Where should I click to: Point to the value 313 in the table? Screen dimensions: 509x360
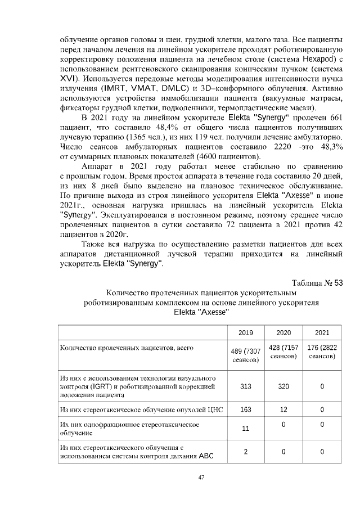pos(245,386)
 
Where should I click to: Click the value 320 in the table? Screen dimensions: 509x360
pos(283,386)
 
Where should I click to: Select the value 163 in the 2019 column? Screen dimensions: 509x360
pos(245,409)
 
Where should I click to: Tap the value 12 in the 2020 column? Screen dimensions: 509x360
pos(283,409)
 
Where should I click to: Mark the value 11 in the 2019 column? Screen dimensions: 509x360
pos(245,429)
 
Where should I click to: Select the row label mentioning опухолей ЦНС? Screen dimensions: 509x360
pos(141,409)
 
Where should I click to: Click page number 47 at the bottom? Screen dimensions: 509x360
pos(200,478)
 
